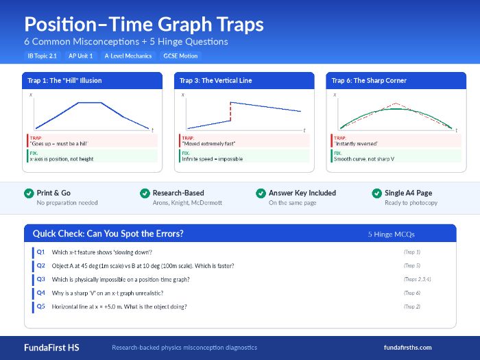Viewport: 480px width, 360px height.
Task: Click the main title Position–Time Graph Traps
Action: click(143, 24)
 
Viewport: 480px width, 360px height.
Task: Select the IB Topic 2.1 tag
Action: click(43, 56)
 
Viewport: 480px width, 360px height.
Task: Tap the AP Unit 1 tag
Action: click(82, 56)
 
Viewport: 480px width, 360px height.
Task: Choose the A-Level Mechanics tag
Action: click(128, 56)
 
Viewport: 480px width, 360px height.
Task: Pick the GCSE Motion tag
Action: click(180, 56)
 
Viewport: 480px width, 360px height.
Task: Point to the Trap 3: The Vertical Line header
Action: click(216, 80)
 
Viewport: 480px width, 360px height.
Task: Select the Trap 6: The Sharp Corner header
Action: click(370, 80)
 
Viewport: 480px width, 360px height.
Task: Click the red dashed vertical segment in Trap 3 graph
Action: click(230, 112)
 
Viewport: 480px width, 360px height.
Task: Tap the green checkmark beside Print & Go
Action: click(29, 193)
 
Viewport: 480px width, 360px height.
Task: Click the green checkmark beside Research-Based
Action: click(145, 193)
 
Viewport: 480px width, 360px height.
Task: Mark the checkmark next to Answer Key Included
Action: click(261, 193)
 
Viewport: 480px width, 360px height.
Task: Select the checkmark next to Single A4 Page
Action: click(376, 193)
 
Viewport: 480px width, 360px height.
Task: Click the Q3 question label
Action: click(41, 279)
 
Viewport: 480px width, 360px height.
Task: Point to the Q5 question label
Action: click(41, 307)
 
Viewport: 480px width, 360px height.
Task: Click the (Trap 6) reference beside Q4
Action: click(412, 293)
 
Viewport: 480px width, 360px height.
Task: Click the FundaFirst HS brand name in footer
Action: click(51, 347)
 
